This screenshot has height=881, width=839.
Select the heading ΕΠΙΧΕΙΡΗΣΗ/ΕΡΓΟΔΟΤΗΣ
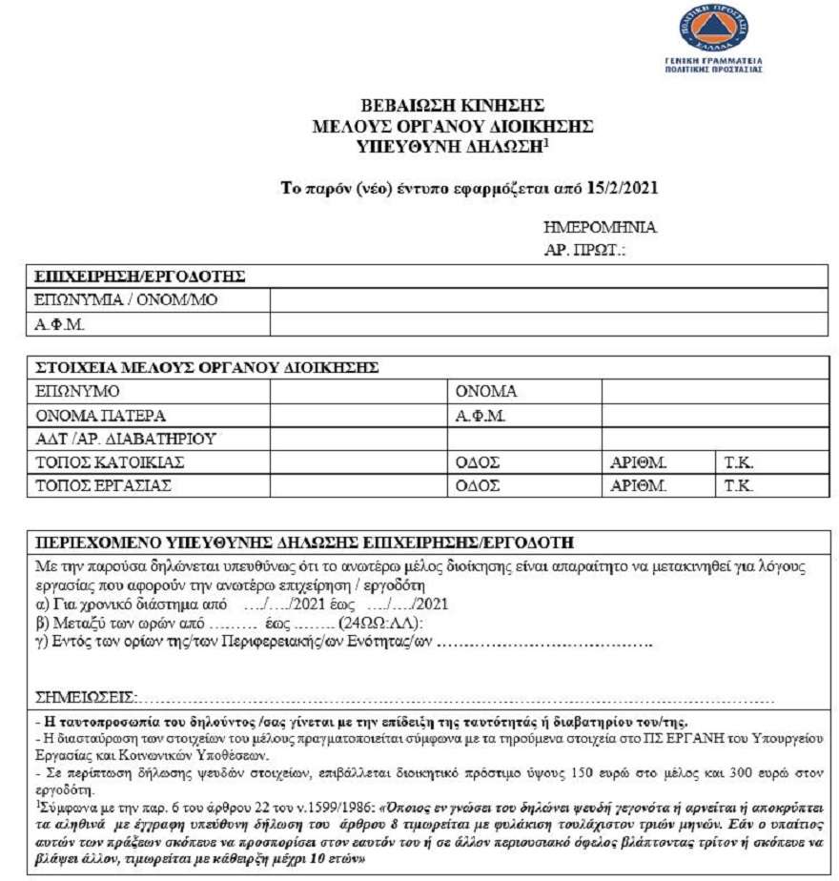[x=140, y=277]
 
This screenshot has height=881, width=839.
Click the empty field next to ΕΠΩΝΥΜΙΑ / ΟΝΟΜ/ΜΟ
[x=548, y=301]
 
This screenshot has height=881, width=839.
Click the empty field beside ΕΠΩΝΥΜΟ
[x=358, y=392]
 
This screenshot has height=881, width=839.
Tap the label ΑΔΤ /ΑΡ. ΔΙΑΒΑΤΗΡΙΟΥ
[x=125, y=440]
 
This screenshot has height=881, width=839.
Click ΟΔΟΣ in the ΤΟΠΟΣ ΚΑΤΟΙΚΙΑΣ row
[x=478, y=463]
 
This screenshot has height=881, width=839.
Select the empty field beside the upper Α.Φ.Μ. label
[x=548, y=325]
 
